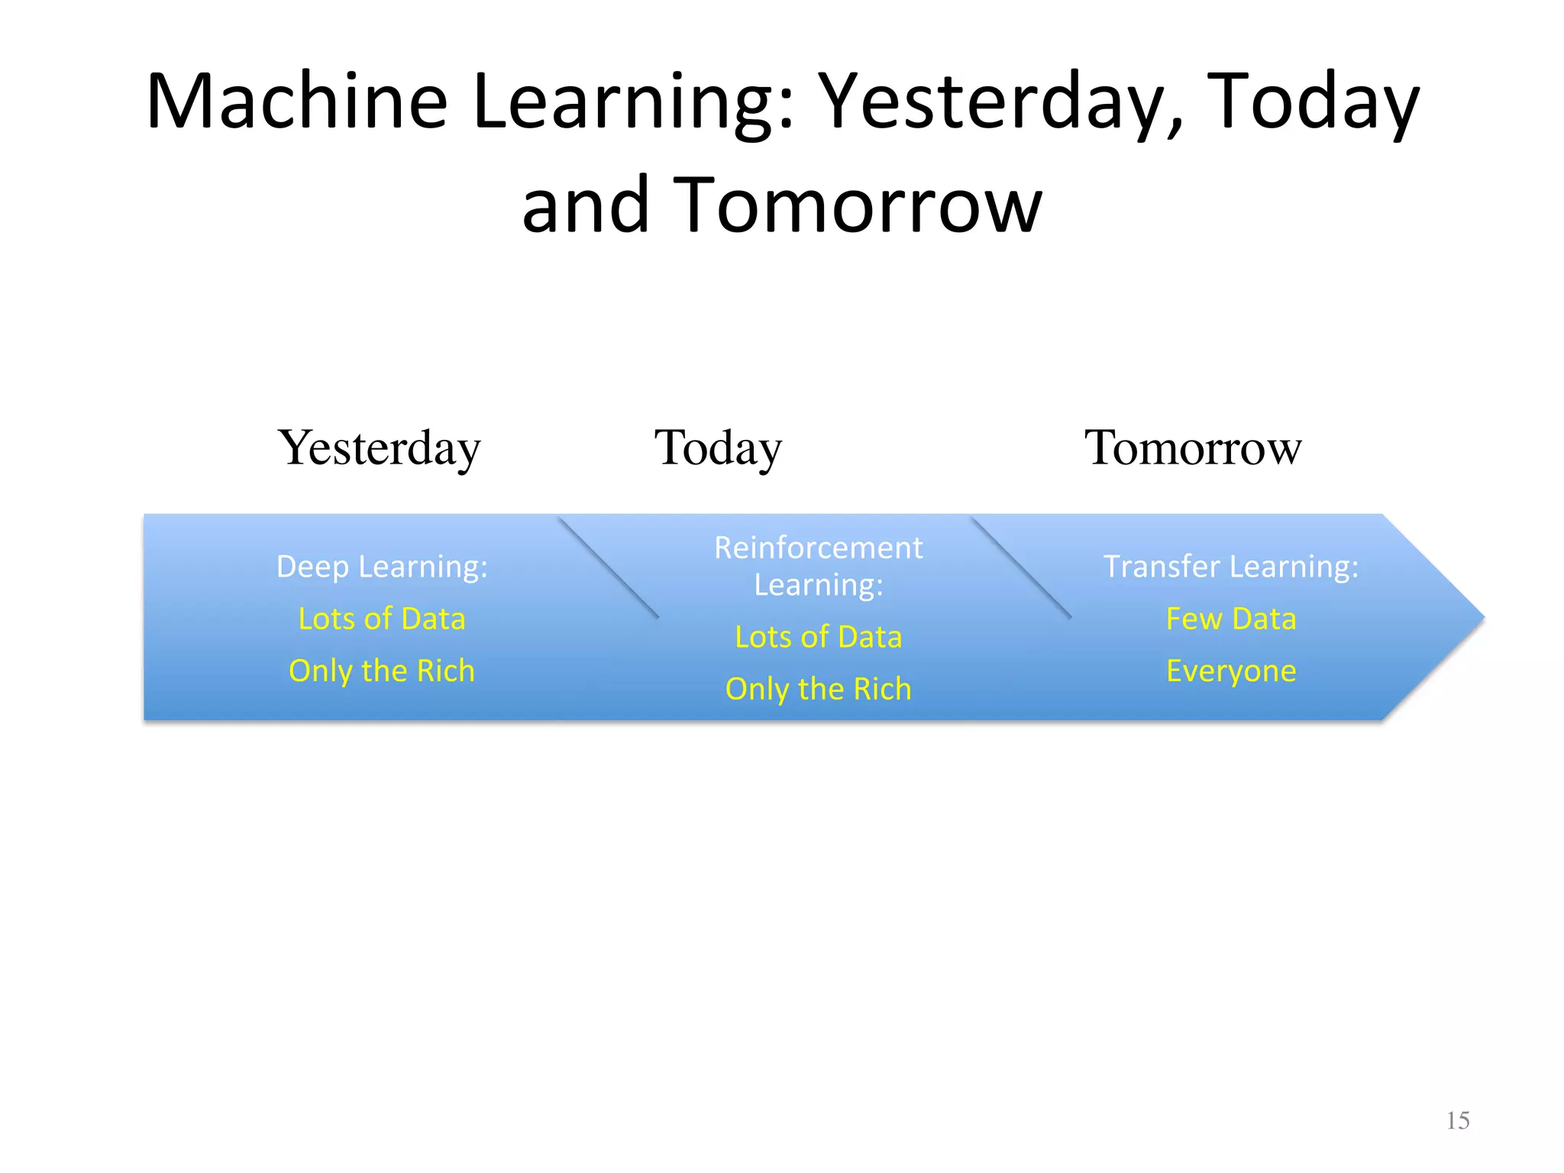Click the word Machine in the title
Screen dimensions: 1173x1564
tap(296, 102)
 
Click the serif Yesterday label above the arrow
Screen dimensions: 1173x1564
tap(380, 448)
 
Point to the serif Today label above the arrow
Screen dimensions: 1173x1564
tap(718, 448)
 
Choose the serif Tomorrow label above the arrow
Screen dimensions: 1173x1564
tap(1193, 448)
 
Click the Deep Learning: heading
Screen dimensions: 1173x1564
tap(382, 567)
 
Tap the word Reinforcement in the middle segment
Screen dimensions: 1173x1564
tap(818, 548)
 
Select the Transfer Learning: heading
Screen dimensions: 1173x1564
tap(1231, 567)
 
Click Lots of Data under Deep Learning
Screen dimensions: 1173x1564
tap(382, 619)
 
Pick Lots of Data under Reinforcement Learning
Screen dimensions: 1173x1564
tap(818, 637)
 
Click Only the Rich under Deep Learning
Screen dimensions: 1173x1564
tap(382, 671)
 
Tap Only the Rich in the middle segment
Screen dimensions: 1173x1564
tap(818, 689)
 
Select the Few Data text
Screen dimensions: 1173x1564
tap(1231, 619)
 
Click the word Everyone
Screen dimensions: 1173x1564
tap(1231, 671)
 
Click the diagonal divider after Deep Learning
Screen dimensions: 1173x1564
tap(609, 567)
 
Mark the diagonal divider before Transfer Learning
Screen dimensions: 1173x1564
tap(1022, 567)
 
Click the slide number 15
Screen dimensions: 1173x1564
tap(1457, 1120)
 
